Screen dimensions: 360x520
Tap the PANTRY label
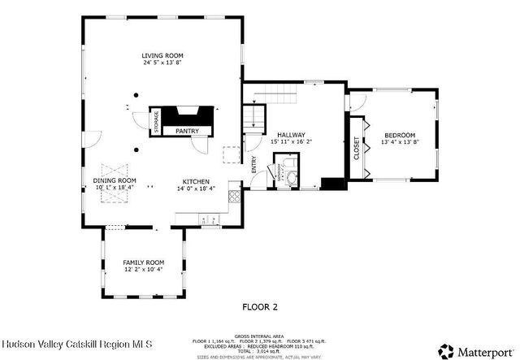point(187,130)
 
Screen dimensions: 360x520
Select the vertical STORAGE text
point(157,122)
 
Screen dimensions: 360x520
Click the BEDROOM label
point(400,135)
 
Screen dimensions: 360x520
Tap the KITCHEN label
point(197,180)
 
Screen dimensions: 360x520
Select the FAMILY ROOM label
point(143,262)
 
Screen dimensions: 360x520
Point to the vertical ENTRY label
point(253,167)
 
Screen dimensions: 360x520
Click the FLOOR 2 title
point(260,307)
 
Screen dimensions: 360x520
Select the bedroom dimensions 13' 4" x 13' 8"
point(400,142)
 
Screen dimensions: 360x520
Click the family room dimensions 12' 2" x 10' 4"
point(143,269)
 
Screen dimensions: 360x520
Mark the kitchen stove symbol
point(235,196)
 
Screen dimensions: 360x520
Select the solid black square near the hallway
point(331,184)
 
